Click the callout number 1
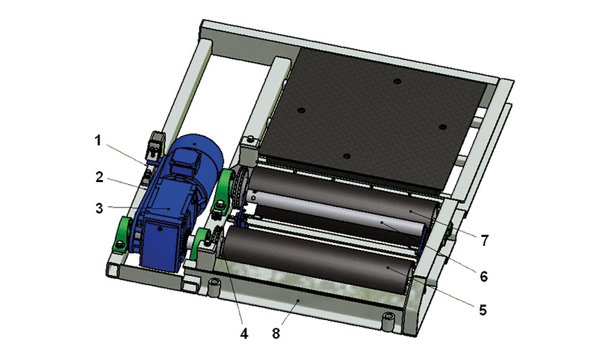click(98, 141)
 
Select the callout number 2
click(99, 177)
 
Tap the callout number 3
click(99, 208)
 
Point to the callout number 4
click(244, 334)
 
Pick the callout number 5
click(483, 310)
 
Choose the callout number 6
click(484, 277)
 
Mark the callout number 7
click(484, 240)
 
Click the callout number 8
click(277, 334)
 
